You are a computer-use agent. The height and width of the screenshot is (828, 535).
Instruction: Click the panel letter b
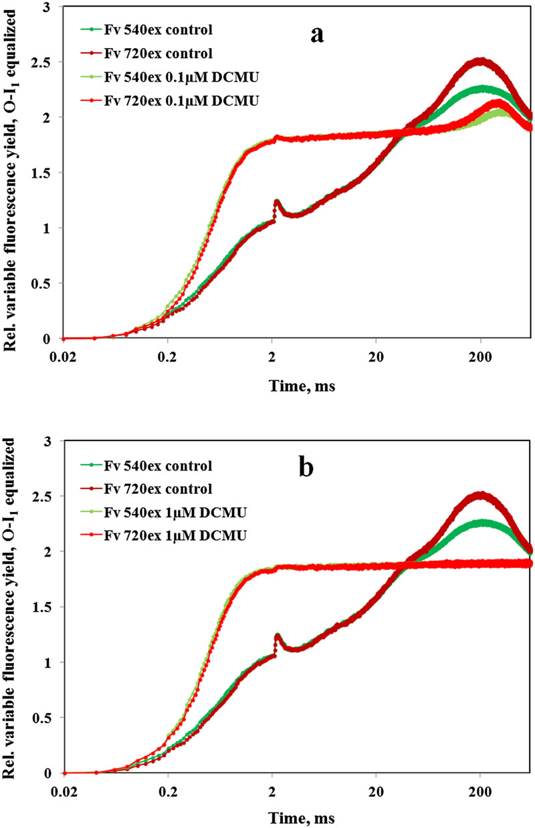306,468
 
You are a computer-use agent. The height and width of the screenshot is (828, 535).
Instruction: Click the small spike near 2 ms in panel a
276,201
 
